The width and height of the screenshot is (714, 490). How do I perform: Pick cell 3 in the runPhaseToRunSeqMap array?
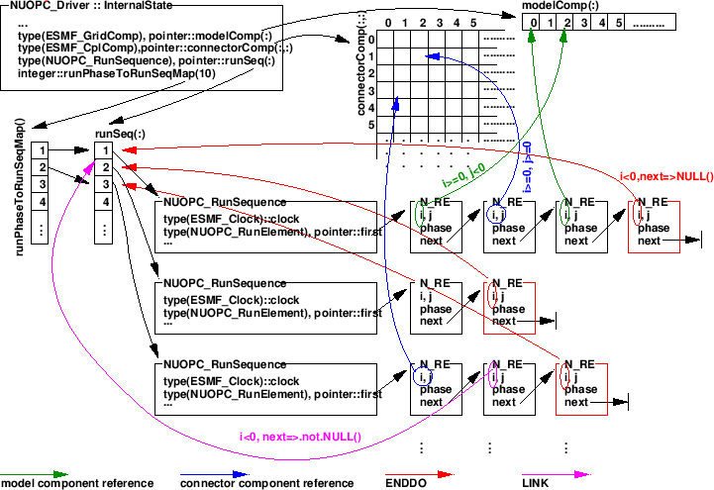point(42,184)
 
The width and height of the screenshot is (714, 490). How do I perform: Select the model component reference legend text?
point(77,483)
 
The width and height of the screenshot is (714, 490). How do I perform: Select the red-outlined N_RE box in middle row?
point(509,306)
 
